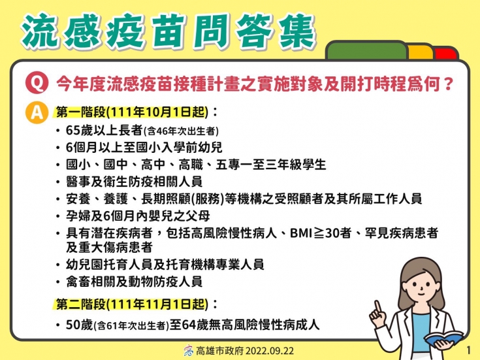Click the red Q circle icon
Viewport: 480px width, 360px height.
click(x=37, y=83)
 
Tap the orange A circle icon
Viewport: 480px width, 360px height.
click(x=37, y=112)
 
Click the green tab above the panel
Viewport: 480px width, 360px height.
click(x=367, y=50)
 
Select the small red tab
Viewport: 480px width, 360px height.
click(x=445, y=54)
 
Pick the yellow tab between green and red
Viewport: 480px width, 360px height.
click(x=421, y=52)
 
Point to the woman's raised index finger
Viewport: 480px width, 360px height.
click(x=377, y=307)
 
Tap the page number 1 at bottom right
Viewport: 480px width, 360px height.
click(x=468, y=350)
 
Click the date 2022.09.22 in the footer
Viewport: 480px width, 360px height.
click(x=270, y=351)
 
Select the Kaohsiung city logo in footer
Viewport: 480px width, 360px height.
click(x=189, y=350)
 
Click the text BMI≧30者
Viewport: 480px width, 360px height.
click(x=320, y=233)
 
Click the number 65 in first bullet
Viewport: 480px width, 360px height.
click(x=73, y=130)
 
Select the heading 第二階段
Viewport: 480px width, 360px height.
click(x=81, y=304)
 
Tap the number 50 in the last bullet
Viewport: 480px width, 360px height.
click(x=73, y=325)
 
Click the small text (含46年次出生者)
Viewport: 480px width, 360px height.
click(x=181, y=131)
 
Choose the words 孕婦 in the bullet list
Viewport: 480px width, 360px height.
click(x=78, y=216)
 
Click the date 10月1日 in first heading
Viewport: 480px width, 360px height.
click(x=158, y=112)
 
